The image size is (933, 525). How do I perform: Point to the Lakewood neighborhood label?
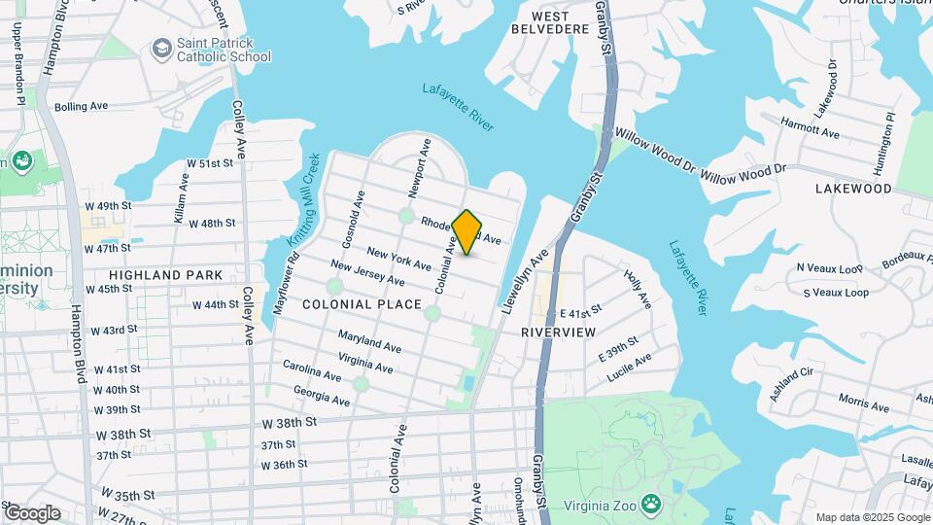tap(853, 189)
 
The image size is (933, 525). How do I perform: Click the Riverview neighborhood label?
tap(558, 332)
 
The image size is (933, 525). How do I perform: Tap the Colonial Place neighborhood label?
tap(362, 304)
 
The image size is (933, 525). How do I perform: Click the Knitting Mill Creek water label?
tap(304, 199)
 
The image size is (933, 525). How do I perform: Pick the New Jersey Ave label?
tap(367, 272)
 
